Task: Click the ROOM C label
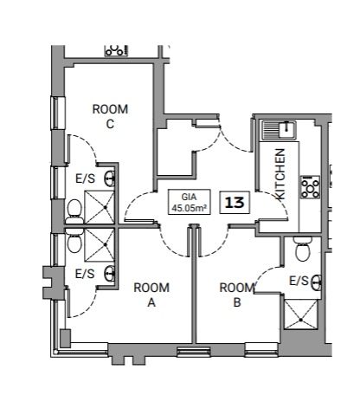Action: click(x=110, y=116)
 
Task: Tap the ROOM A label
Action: click(x=151, y=295)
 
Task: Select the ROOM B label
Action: click(x=235, y=295)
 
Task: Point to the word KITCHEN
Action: click(x=280, y=174)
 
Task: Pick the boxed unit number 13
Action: click(x=234, y=202)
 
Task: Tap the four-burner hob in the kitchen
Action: click(x=309, y=185)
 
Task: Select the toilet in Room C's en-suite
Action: click(x=75, y=209)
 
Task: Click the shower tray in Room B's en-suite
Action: click(x=303, y=314)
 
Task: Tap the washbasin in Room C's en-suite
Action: click(x=110, y=178)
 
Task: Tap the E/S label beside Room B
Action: click(x=299, y=280)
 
